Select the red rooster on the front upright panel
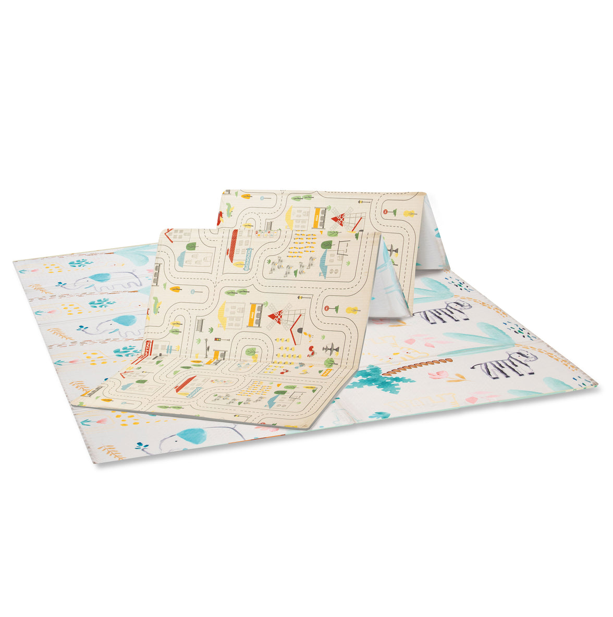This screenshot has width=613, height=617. tap(311, 348)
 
